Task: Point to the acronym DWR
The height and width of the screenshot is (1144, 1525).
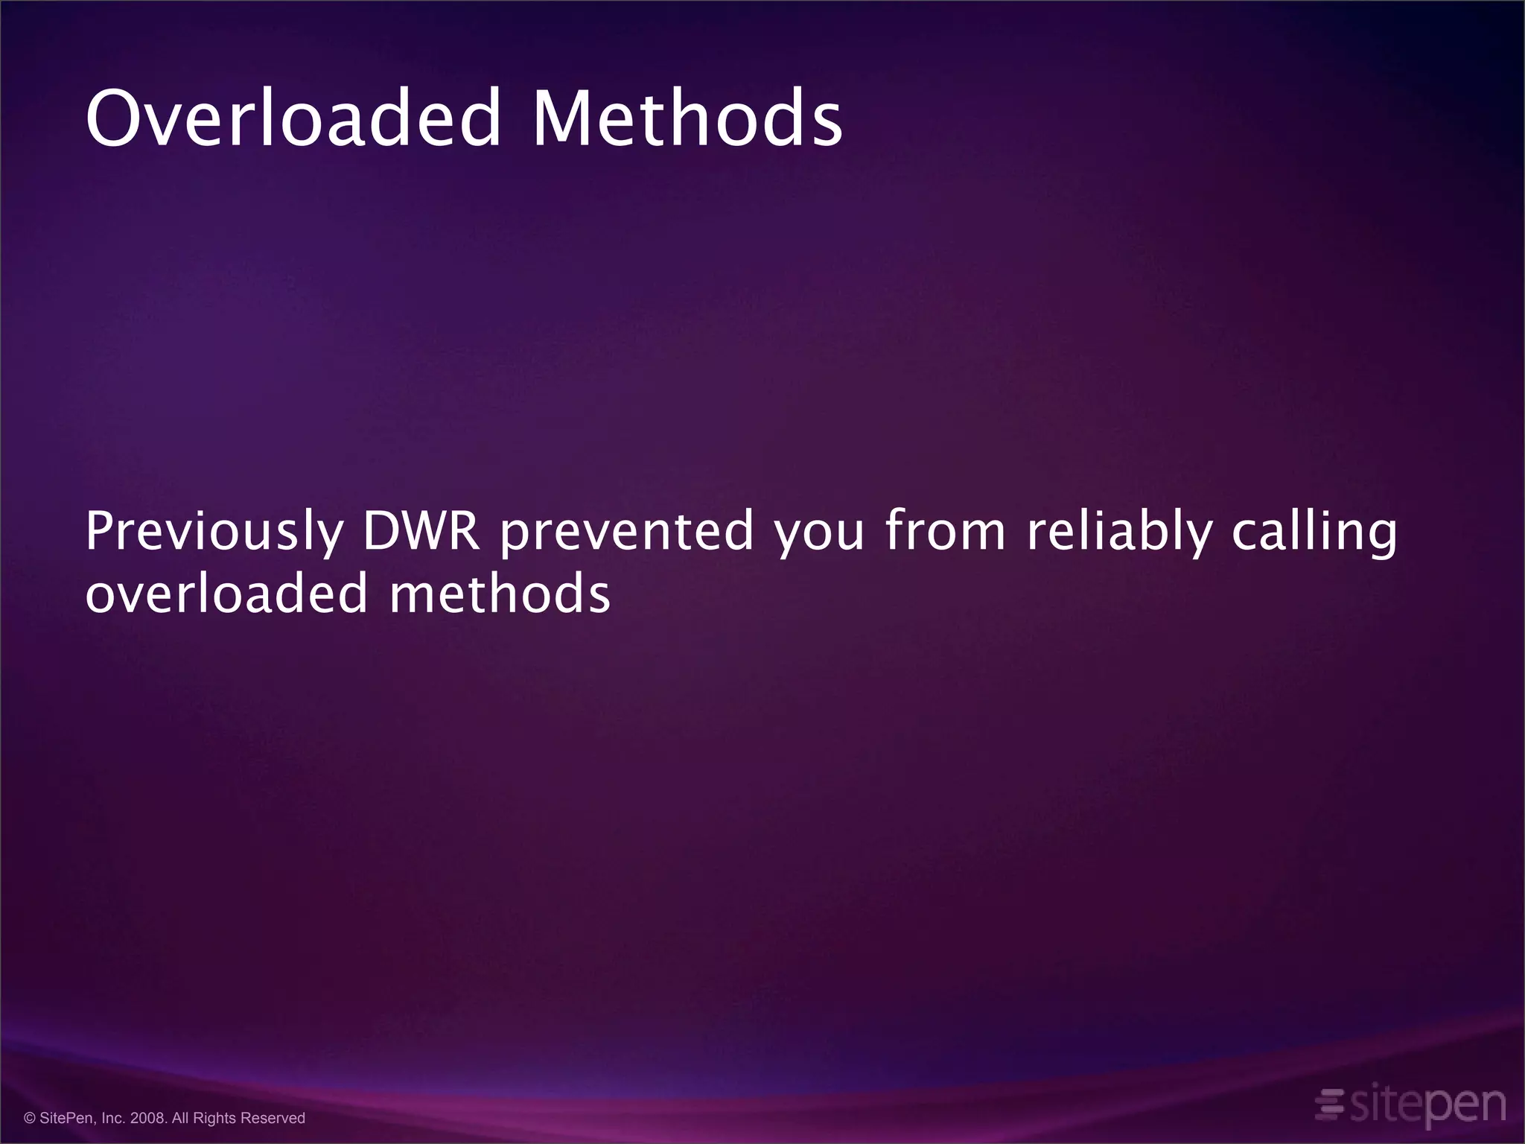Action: pyautogui.click(x=421, y=532)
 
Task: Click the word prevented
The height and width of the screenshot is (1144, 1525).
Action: pyautogui.click(x=627, y=532)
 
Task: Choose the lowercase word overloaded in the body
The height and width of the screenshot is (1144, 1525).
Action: pyautogui.click(x=227, y=594)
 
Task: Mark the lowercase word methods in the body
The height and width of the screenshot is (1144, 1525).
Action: pyautogui.click(x=500, y=594)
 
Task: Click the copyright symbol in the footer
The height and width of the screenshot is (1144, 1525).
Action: pyautogui.click(x=30, y=1119)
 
